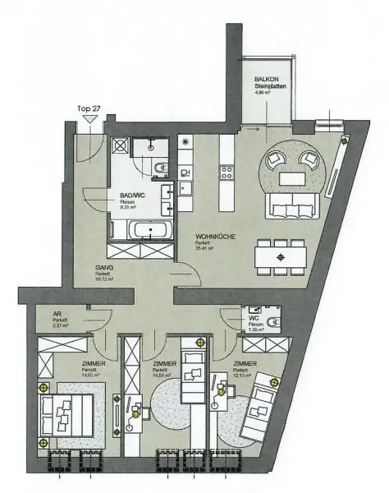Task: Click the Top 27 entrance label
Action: click(88, 107)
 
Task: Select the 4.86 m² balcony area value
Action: click(264, 93)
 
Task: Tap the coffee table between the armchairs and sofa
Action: click(293, 176)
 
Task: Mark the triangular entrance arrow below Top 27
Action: click(88, 120)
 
